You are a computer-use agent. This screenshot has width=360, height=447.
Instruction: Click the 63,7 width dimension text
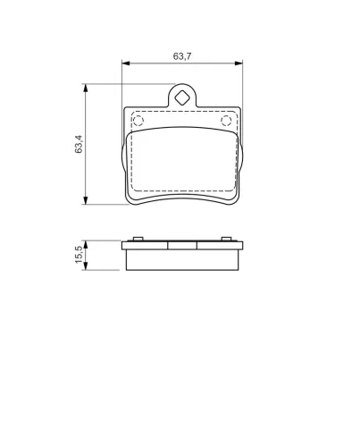coord(181,55)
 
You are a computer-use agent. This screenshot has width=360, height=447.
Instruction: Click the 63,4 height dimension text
coord(79,143)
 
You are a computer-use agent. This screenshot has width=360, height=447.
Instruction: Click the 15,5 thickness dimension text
coord(79,255)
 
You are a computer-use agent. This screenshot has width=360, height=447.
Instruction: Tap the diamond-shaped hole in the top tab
coord(181,97)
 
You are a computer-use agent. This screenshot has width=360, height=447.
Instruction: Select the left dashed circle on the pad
coord(138,120)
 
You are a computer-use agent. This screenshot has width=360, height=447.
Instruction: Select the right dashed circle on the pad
coord(227,120)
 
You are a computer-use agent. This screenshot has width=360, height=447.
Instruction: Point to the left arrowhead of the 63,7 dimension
coord(125,63)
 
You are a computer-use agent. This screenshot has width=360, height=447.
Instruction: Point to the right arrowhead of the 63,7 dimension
coord(239,63)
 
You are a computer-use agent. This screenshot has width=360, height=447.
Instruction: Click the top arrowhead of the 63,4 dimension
coord(86,88)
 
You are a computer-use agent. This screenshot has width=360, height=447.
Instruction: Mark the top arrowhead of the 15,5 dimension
coord(86,244)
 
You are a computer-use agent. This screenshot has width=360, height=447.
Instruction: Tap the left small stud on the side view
coord(137,238)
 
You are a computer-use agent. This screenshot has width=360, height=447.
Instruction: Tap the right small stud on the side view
coord(227,238)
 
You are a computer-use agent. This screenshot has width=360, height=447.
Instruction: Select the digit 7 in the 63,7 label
coord(189,55)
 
